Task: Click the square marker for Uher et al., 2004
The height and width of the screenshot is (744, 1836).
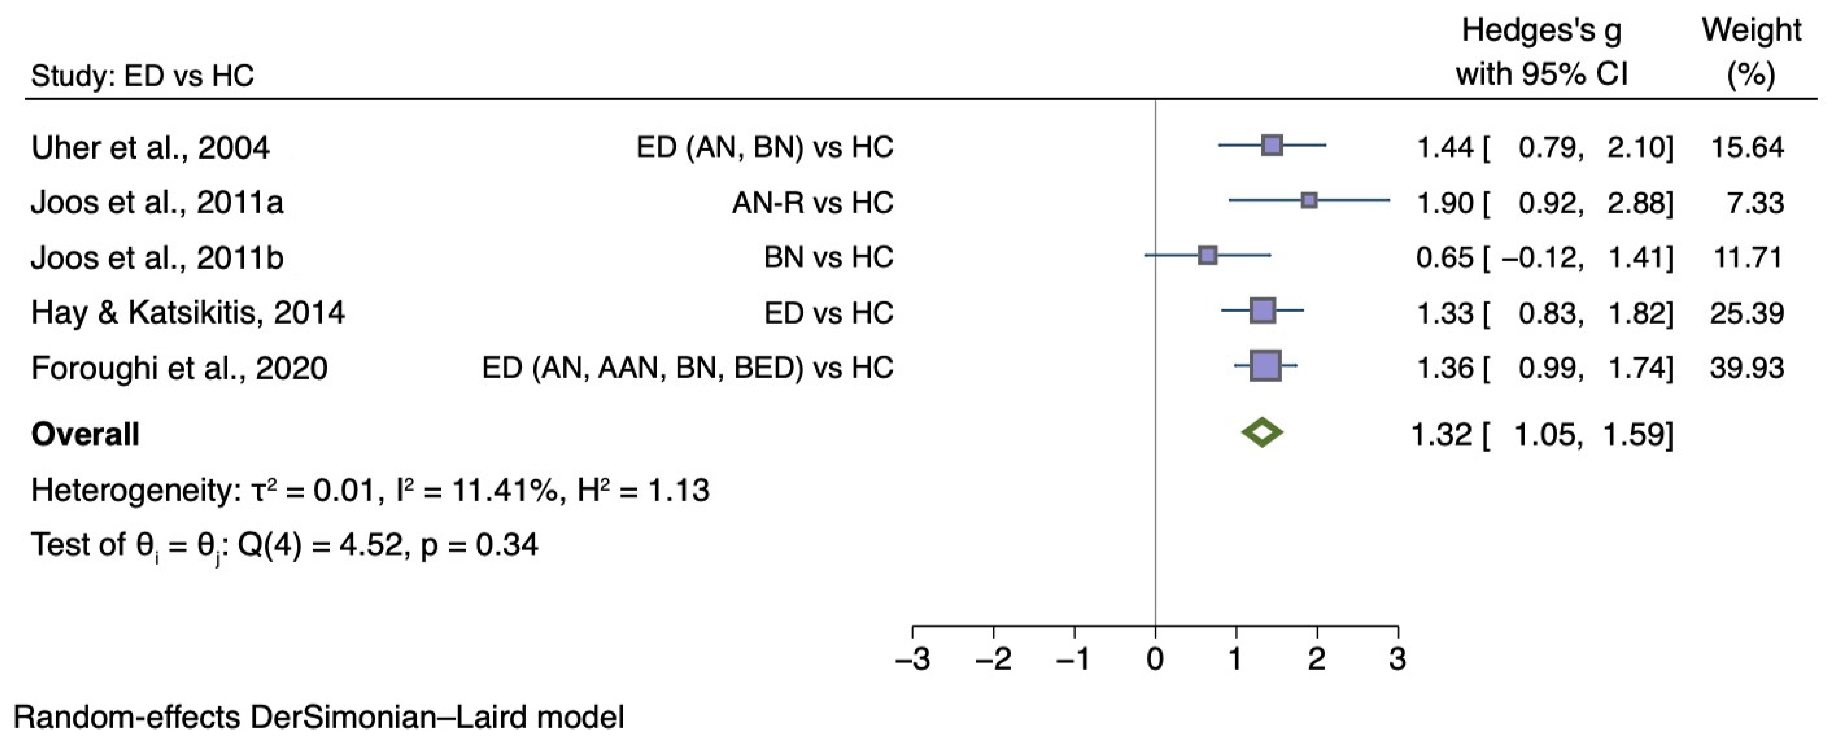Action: tap(1272, 145)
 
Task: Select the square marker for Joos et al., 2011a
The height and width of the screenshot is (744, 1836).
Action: tap(1309, 200)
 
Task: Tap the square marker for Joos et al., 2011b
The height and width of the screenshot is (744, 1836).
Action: tap(1207, 255)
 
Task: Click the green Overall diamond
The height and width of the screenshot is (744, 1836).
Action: tap(1262, 432)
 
